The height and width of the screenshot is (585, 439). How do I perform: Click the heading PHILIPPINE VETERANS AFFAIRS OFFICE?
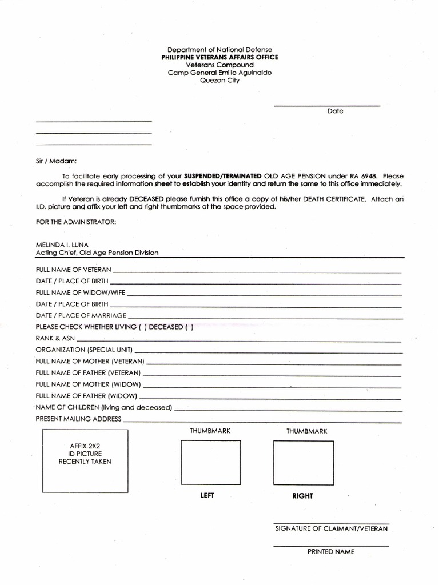click(219, 58)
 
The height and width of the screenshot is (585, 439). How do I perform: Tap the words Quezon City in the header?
click(219, 81)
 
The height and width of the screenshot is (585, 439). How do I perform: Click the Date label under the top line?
click(335, 111)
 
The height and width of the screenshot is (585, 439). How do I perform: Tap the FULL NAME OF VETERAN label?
click(73, 269)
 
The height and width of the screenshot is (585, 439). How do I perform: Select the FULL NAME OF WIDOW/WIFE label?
click(81, 292)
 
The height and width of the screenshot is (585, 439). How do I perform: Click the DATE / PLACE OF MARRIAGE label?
click(81, 315)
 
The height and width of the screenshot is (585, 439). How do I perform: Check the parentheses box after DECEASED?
click(189, 327)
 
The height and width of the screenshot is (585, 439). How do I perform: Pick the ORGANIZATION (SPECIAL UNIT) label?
click(84, 350)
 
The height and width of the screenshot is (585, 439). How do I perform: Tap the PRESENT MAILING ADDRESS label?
click(78, 419)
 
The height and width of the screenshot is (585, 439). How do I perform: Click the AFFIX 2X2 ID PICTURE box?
click(85, 460)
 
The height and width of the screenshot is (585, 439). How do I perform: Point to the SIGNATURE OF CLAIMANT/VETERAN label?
click(331, 529)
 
